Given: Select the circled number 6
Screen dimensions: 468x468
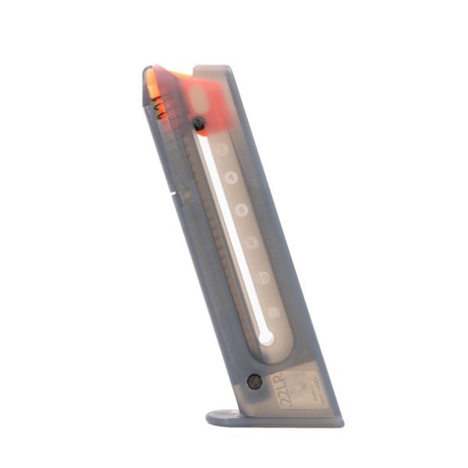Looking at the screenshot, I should coord(241,209).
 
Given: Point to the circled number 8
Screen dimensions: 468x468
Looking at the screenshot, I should coord(251,243).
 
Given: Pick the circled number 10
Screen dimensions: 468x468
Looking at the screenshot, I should coord(263,277).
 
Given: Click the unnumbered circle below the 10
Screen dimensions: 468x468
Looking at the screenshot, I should coord(272,311).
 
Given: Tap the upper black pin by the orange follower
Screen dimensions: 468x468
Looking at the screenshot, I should coord(199,123).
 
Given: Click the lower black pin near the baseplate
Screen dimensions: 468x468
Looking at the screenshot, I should coord(254,381).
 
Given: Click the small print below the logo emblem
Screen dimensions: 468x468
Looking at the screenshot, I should coord(308,398).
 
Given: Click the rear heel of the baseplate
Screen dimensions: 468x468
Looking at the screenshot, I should coord(335,422).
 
